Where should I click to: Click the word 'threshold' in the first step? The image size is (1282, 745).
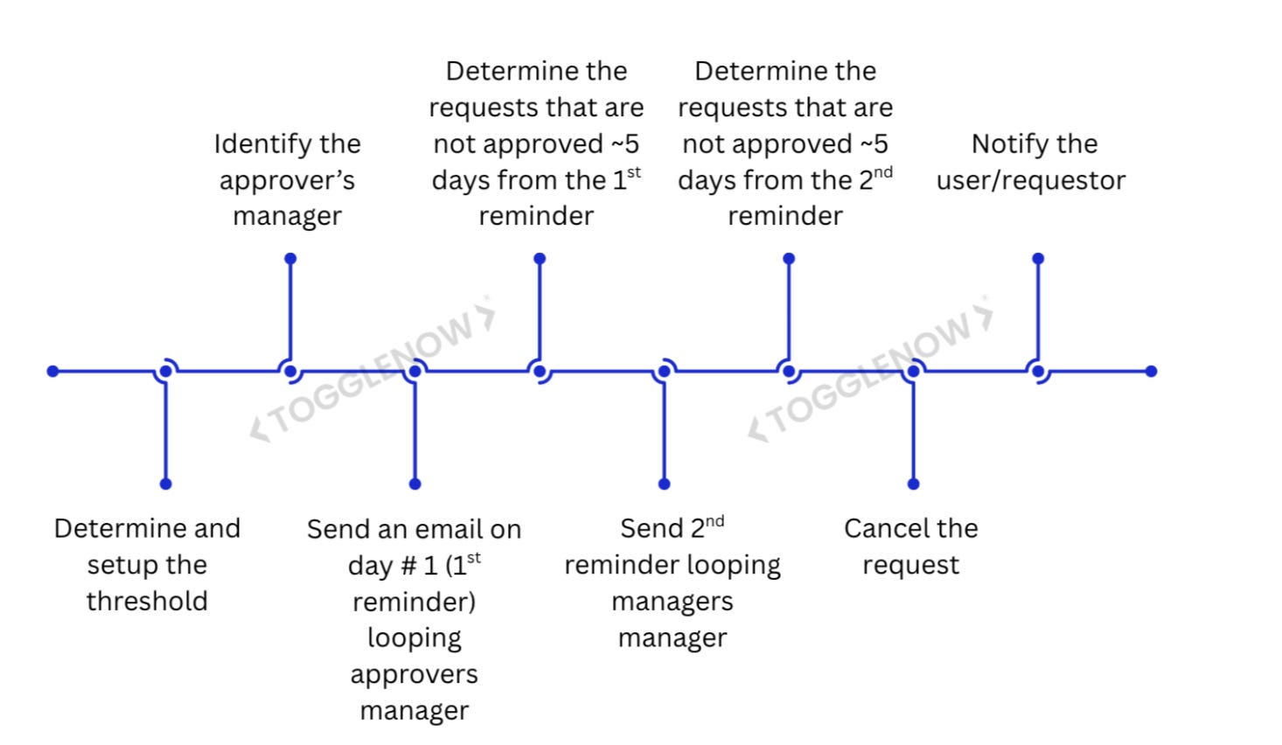tap(147, 602)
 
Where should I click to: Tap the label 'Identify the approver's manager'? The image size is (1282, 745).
tap(287, 179)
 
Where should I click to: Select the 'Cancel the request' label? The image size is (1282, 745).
tap(910, 547)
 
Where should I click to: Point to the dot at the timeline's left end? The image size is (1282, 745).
tap(53, 372)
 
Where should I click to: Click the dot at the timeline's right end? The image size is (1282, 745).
tap(1151, 372)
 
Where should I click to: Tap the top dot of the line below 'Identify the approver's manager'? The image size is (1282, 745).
tap(290, 259)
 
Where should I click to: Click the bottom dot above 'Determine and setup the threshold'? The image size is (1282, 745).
tap(165, 484)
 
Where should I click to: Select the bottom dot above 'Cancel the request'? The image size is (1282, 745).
tap(913, 484)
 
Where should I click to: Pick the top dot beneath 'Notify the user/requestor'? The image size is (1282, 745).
tap(1038, 259)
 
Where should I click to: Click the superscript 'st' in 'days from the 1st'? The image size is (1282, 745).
tap(634, 172)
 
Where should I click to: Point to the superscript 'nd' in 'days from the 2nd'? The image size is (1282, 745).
tap(883, 172)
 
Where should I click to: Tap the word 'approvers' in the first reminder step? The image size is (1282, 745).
tap(415, 675)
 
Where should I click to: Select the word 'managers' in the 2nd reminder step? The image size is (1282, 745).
tap(672, 602)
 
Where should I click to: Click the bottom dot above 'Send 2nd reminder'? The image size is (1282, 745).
tap(664, 484)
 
